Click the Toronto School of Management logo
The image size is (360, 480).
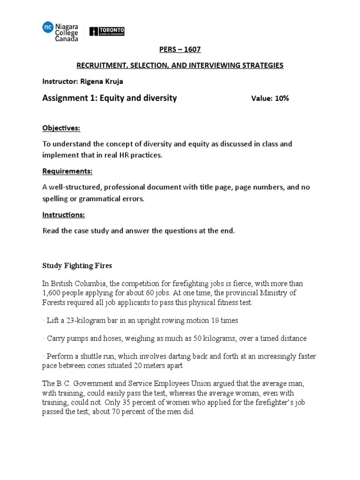106,31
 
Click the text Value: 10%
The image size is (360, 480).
270,98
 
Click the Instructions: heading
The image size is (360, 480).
64,215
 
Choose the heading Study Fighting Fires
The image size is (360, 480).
77,265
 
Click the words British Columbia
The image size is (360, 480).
74,284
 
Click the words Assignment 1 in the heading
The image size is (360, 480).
68,98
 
